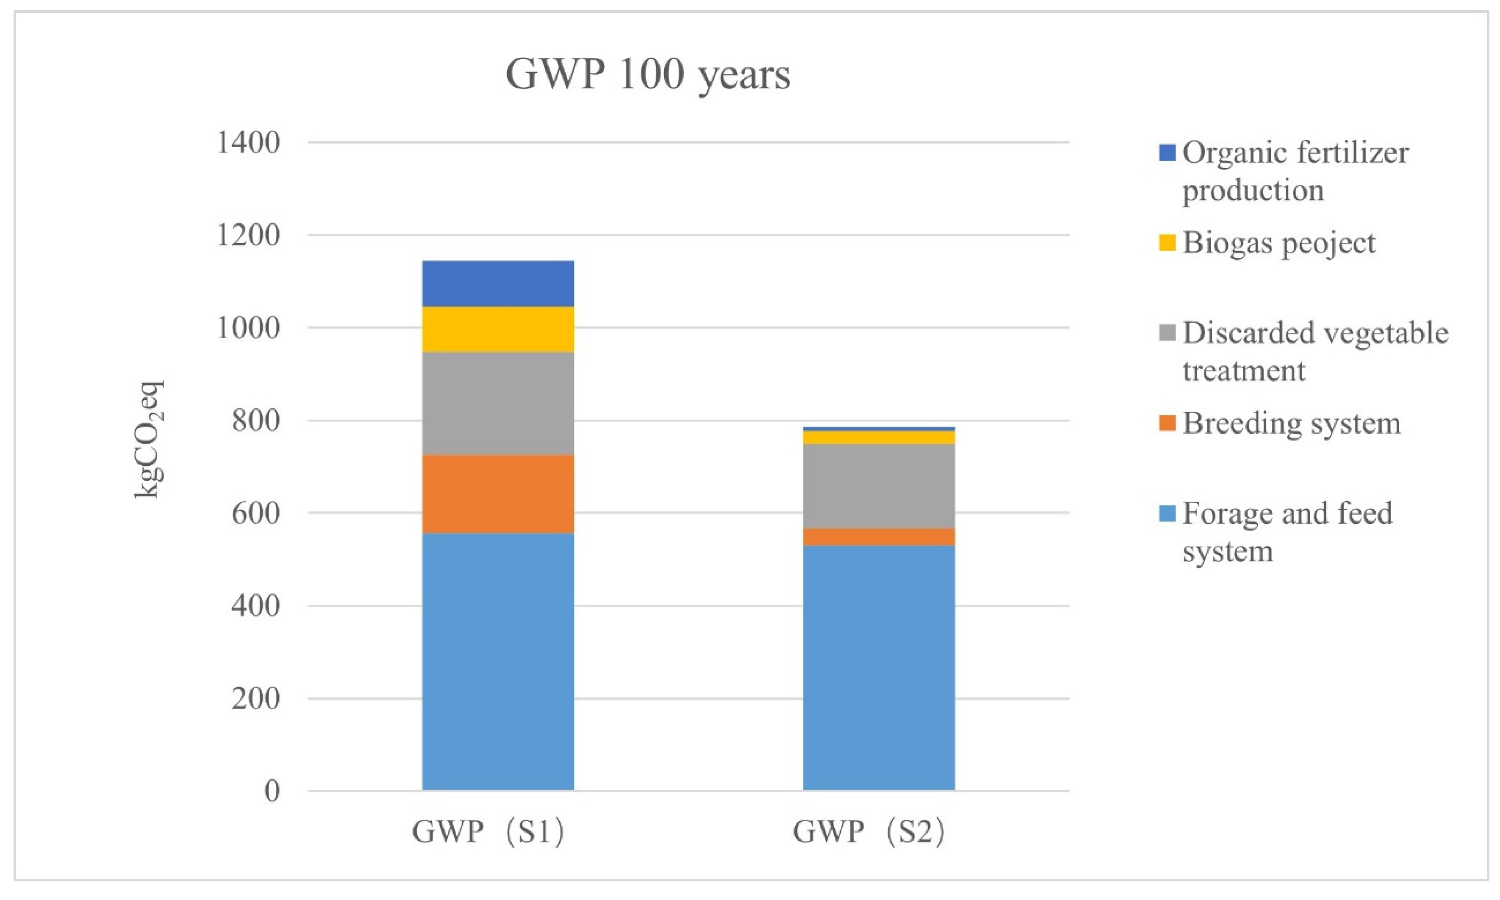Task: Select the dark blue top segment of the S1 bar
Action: coord(498,283)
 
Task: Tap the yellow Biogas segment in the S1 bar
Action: coord(498,330)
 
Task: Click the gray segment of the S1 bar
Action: coord(498,403)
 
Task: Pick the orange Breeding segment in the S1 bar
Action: coord(498,494)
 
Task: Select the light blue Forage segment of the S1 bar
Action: coord(498,661)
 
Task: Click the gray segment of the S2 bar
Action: coord(879,486)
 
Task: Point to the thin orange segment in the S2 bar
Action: coord(879,537)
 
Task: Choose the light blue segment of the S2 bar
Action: coord(879,667)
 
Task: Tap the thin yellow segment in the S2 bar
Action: coord(879,437)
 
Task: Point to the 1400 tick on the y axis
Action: coord(248,143)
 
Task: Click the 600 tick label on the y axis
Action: coord(255,513)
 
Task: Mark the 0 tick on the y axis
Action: coord(272,791)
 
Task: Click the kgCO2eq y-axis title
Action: coord(149,439)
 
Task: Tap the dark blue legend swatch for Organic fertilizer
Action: coord(1167,152)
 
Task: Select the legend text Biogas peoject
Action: coord(1278,243)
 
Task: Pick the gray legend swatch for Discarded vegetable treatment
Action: coord(1167,332)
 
